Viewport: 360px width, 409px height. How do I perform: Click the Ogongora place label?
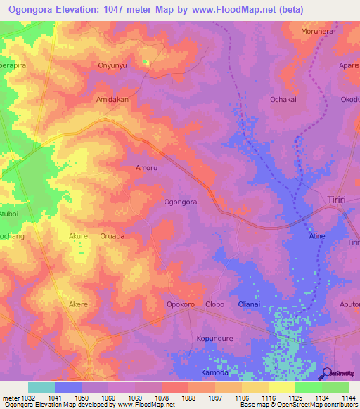point(180,202)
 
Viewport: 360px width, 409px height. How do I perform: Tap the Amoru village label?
point(146,169)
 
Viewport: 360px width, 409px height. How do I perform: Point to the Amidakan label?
point(112,100)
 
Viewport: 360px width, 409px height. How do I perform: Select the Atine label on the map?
point(318,236)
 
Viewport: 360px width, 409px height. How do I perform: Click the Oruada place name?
point(112,236)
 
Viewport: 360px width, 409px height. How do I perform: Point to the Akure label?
point(79,236)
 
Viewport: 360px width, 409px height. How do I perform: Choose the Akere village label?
point(78,304)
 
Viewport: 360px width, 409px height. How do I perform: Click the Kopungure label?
point(214,339)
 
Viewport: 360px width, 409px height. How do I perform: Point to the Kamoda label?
point(214,372)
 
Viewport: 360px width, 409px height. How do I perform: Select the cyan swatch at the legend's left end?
point(41,387)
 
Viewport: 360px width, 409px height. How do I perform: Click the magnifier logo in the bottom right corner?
point(327,373)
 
